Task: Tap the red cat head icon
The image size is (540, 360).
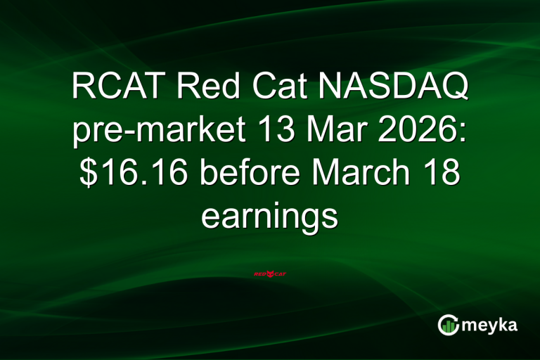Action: coord(270,273)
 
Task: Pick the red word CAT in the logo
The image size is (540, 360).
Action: coord(281,274)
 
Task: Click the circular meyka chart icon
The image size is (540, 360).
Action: coord(449,324)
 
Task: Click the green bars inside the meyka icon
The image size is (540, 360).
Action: coord(449,326)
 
